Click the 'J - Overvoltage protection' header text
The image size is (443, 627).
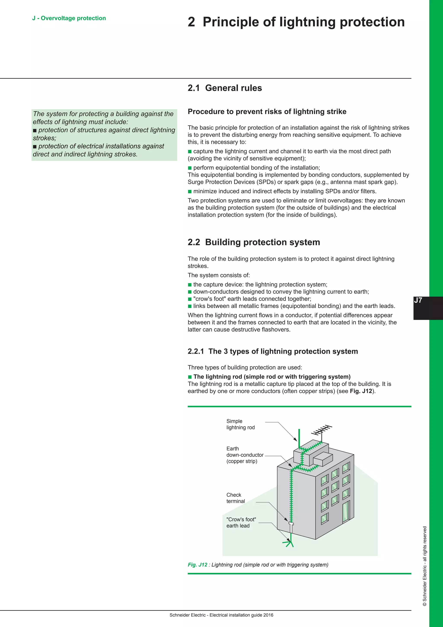(69, 18)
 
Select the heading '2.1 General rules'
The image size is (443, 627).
(225, 88)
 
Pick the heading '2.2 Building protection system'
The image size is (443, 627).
(254, 242)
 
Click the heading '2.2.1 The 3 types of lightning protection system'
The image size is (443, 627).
(273, 351)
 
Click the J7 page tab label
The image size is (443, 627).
(418, 300)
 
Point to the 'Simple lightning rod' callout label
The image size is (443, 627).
(240, 424)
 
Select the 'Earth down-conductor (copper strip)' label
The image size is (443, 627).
(244, 455)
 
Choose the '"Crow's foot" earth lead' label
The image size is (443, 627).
(241, 522)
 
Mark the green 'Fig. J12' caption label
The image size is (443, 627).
(197, 565)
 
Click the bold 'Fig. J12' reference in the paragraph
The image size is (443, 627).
(361, 391)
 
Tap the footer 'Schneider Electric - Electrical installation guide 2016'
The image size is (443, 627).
(221, 615)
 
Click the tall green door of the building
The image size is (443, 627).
(346, 511)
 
